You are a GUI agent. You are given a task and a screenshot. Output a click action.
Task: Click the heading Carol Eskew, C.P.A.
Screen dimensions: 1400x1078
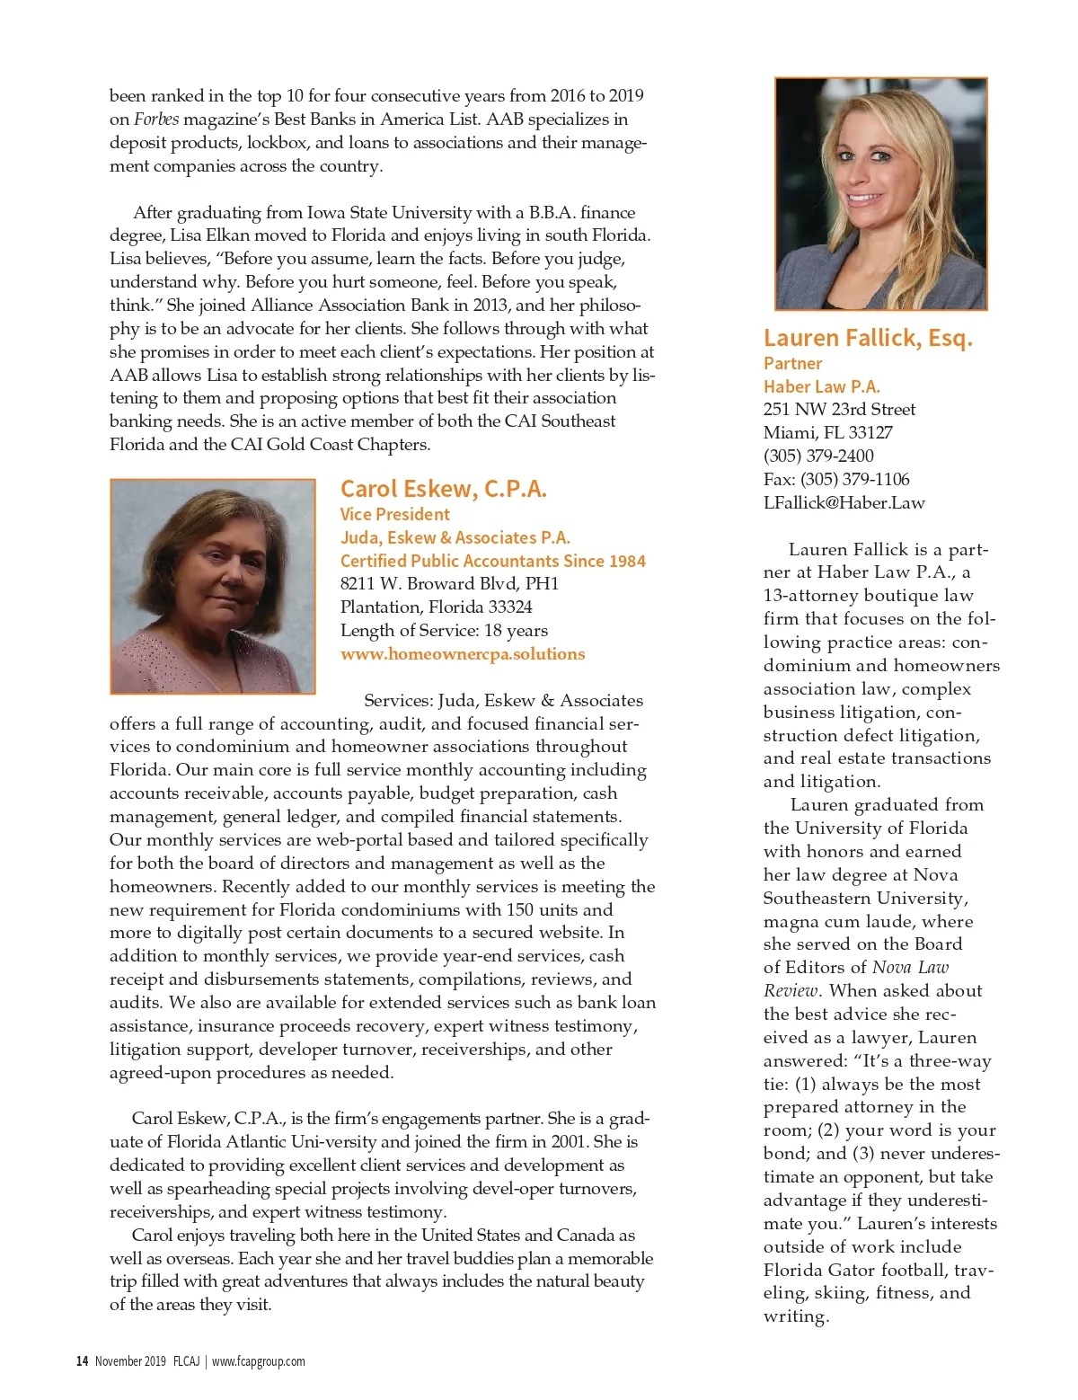(x=443, y=489)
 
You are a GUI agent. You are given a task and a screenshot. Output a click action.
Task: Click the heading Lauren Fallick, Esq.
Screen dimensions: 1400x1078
(x=868, y=338)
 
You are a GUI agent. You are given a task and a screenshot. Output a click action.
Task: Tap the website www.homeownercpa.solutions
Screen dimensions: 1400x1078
(x=462, y=654)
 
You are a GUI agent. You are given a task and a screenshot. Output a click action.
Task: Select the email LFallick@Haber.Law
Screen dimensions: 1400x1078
(x=844, y=503)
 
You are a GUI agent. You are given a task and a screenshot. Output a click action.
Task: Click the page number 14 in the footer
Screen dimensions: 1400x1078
(x=82, y=1360)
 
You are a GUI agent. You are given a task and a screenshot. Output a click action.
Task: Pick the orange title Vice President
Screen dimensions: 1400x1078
(x=394, y=514)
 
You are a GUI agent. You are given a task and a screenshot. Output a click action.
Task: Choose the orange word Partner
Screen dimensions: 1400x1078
(x=792, y=363)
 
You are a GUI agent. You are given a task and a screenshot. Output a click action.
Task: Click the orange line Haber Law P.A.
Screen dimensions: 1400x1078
(x=821, y=386)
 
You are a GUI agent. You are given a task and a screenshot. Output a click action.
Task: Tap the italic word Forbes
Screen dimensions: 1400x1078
(x=156, y=120)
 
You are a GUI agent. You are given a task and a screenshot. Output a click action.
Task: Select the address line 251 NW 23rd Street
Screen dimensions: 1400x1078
(x=839, y=410)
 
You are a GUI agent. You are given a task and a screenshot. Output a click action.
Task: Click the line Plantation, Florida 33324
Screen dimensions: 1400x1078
(x=436, y=607)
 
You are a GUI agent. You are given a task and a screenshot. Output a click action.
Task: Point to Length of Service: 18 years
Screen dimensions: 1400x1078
(x=444, y=631)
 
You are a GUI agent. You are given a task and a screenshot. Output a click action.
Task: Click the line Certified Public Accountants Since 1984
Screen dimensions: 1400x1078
(x=492, y=561)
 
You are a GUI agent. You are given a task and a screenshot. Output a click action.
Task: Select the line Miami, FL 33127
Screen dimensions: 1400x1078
(x=827, y=433)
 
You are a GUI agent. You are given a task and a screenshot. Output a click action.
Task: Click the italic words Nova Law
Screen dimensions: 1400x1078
(x=910, y=968)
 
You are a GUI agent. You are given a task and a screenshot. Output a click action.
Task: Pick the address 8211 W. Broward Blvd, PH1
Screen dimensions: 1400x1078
(x=449, y=584)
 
